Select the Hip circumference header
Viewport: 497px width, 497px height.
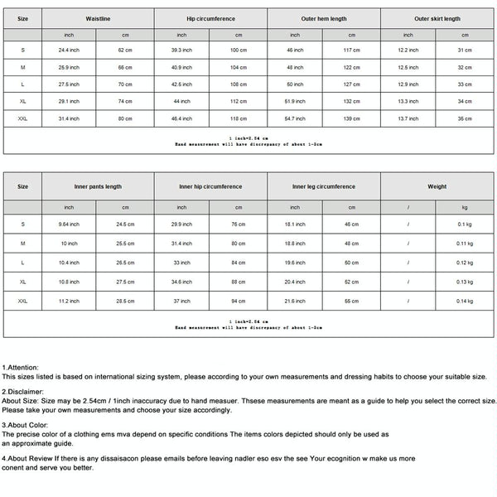pyautogui.click(x=210, y=17)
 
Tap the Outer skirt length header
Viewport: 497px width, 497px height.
pyautogui.click(x=437, y=17)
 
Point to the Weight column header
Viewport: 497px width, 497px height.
pyautogui.click(x=437, y=186)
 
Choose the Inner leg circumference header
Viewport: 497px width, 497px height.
pyautogui.click(x=323, y=186)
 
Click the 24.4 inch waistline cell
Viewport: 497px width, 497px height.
pyautogui.click(x=69, y=50)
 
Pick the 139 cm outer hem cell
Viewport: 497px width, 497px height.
pyautogui.click(x=351, y=118)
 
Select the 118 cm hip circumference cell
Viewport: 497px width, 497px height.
pyautogui.click(x=239, y=118)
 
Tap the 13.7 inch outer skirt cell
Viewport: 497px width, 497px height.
pyautogui.click(x=408, y=118)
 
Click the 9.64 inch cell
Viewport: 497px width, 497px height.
pyautogui.click(x=69, y=224)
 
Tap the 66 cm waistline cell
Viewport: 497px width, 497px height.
pyautogui.click(x=125, y=66)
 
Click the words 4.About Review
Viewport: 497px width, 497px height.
pyautogui.click(x=29, y=457)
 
